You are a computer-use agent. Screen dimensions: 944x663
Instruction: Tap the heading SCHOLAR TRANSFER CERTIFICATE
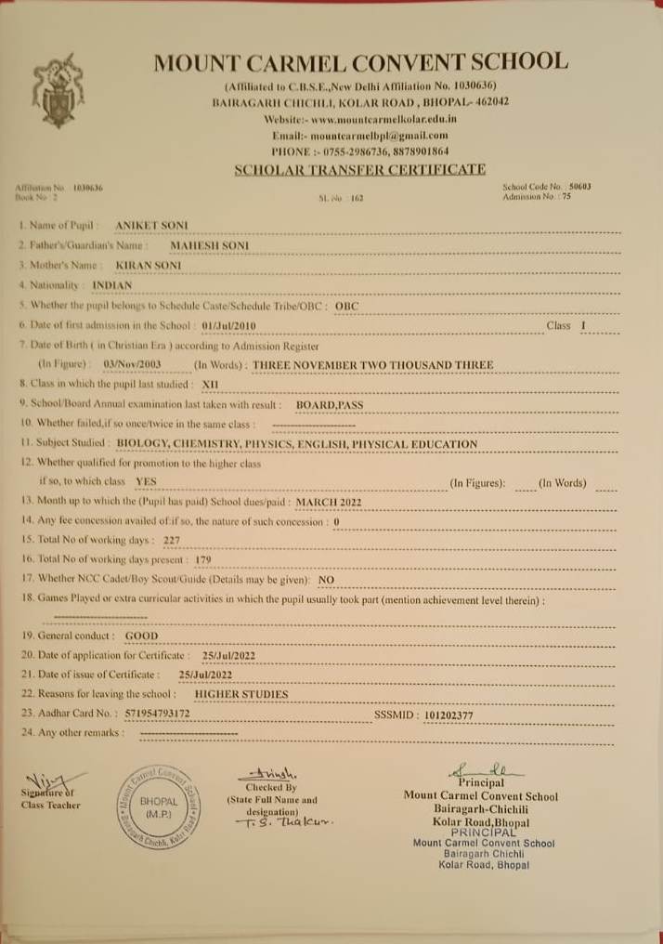click(360, 169)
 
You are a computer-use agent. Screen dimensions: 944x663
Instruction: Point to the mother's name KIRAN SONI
click(155, 266)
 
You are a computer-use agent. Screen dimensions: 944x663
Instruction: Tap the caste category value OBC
click(346, 305)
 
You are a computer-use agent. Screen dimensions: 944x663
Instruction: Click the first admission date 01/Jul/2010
click(228, 325)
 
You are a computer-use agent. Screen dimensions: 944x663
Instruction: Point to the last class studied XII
click(212, 384)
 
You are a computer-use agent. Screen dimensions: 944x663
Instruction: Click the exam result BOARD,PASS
click(330, 405)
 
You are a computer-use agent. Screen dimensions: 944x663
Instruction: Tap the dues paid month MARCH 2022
click(328, 502)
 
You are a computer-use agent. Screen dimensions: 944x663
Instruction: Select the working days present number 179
click(203, 560)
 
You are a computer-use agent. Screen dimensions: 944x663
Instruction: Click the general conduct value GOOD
click(141, 636)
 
